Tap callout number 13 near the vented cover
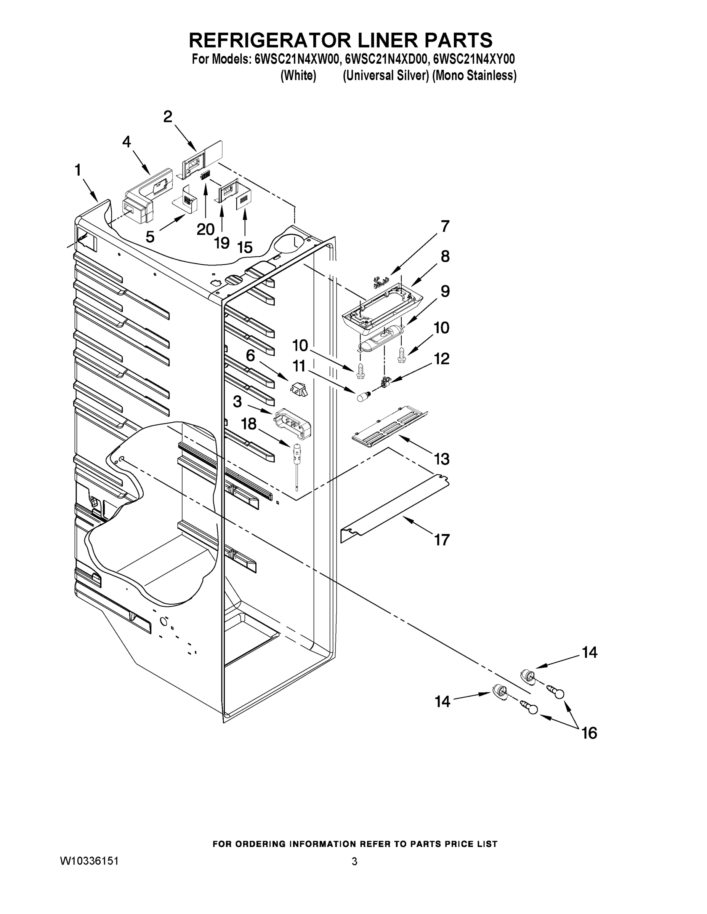click(x=442, y=459)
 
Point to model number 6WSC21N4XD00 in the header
click(x=386, y=59)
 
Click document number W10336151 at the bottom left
click(x=89, y=861)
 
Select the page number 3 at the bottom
click(x=354, y=861)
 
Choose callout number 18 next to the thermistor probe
click(x=249, y=423)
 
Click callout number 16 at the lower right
click(x=589, y=733)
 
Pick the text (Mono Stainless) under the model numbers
click(x=474, y=76)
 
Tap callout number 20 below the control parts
click(x=206, y=229)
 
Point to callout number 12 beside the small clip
click(x=441, y=359)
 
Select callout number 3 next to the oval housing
click(x=237, y=402)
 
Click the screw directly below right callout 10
click(x=401, y=355)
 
